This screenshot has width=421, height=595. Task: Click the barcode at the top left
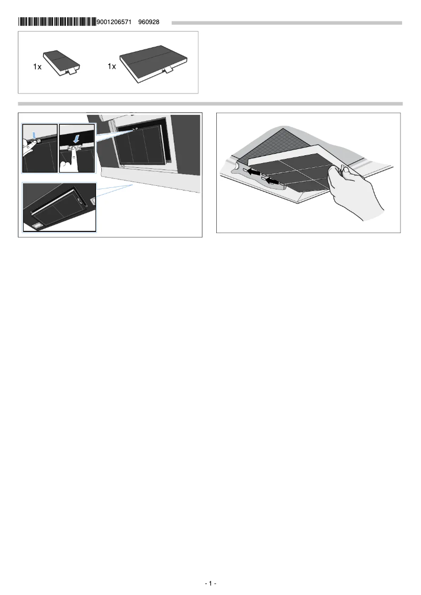click(x=57, y=22)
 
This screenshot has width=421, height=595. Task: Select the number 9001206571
click(x=114, y=22)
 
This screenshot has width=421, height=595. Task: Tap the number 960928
click(x=149, y=22)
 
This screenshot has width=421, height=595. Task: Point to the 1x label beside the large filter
click(x=111, y=67)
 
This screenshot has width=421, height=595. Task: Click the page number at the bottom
click(x=210, y=583)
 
